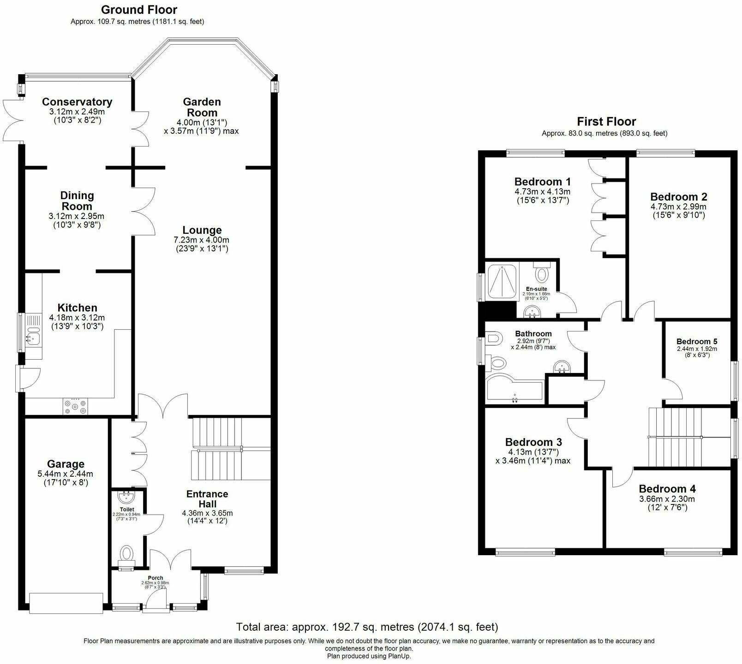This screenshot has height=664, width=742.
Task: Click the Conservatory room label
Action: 77,102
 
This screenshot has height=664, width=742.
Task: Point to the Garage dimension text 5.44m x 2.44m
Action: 66,474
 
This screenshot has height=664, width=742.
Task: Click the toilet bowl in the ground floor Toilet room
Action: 126,552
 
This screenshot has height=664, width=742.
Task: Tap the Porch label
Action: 156,578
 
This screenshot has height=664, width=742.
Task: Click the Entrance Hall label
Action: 207,499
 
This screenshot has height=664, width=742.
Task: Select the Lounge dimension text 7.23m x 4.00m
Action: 201,240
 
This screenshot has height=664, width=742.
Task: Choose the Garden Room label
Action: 202,107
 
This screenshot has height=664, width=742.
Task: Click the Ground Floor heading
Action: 139,10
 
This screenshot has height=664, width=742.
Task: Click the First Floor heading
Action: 606,122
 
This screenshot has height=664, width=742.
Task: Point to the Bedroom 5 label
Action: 697,342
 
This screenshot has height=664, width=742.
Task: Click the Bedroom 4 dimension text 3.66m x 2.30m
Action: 667,499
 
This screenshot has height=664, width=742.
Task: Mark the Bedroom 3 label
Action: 533,442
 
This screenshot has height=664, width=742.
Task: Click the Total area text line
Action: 367,627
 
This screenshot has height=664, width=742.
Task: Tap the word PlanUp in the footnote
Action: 399,656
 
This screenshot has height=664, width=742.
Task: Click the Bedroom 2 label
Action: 678,197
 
